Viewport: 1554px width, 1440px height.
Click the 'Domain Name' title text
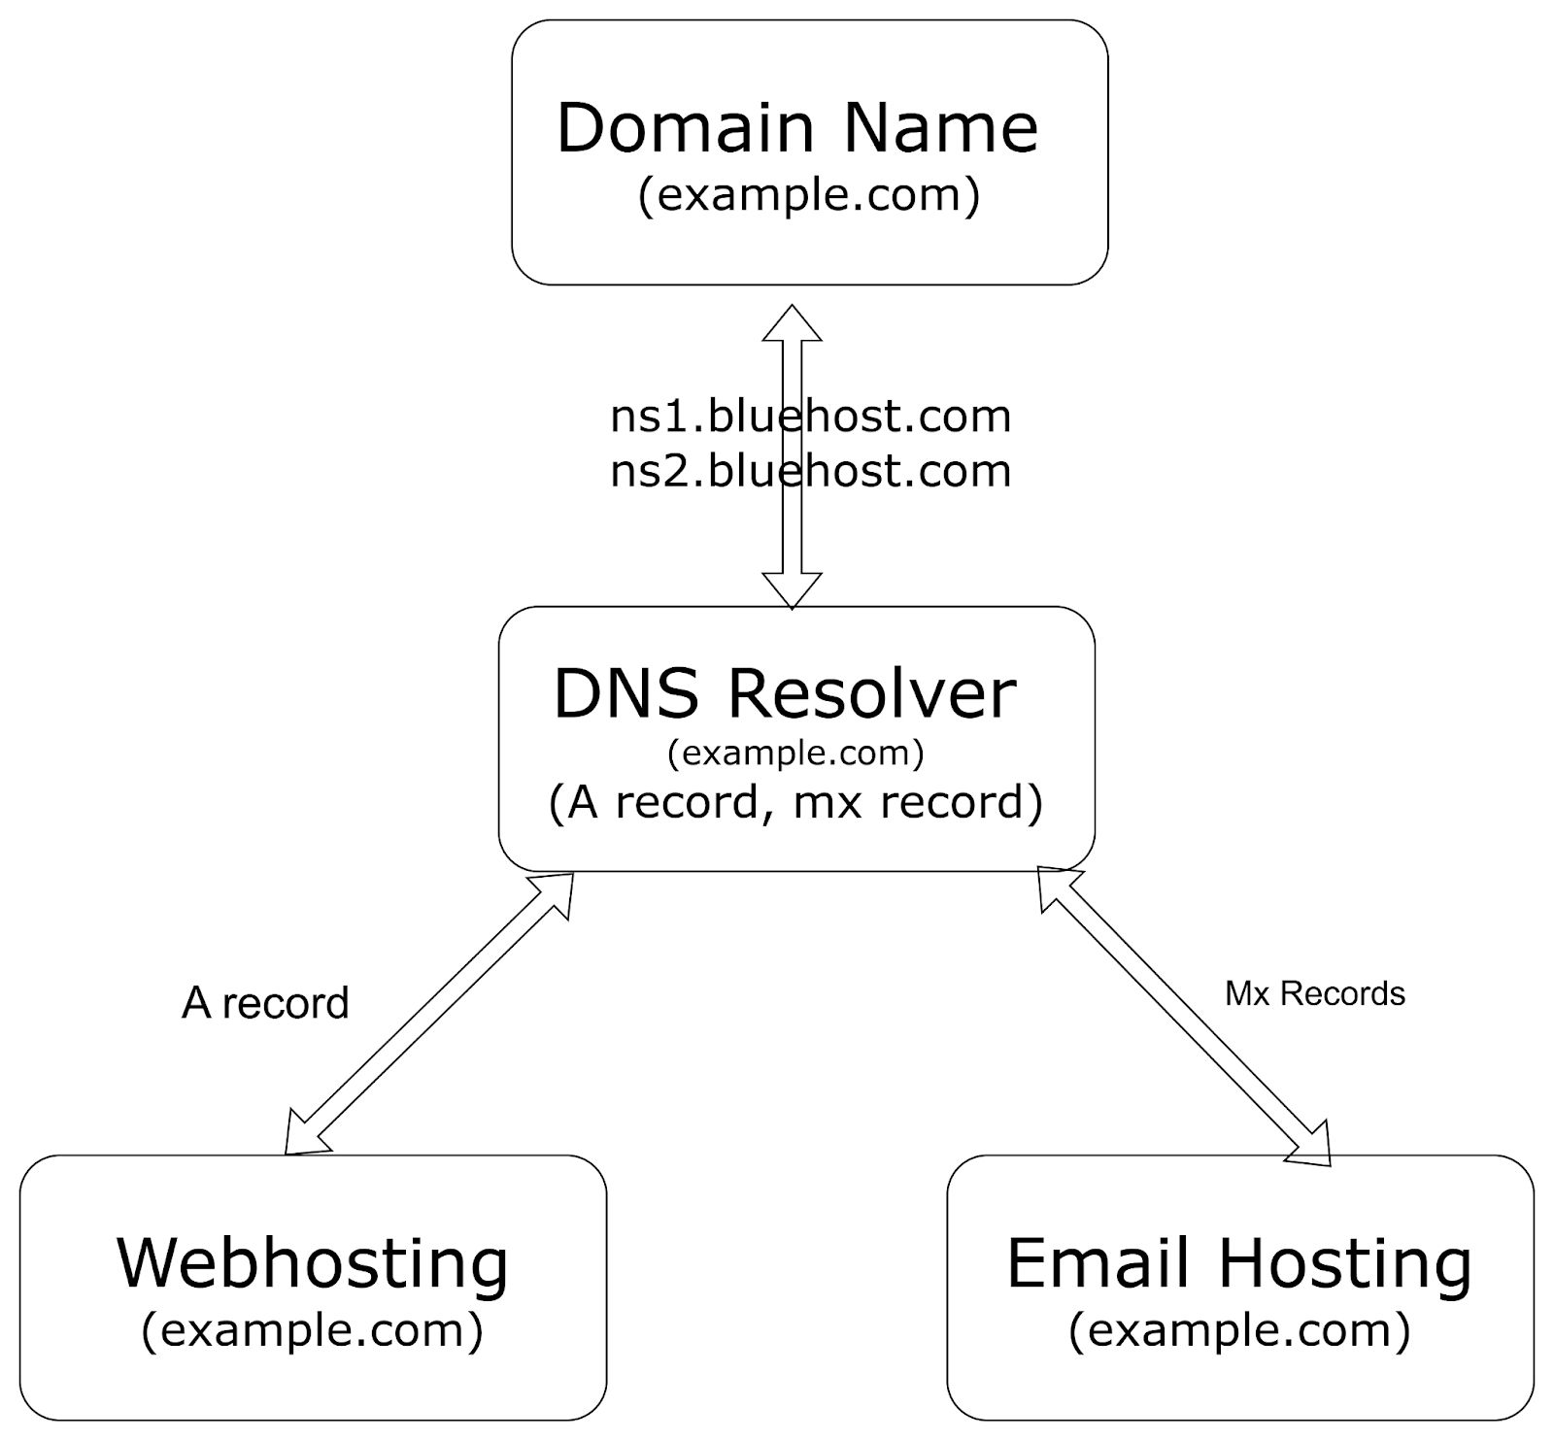click(x=796, y=127)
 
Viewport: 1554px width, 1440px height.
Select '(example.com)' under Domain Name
click(x=808, y=194)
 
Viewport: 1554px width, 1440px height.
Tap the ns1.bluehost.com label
click(x=810, y=417)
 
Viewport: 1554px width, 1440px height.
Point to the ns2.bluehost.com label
click(x=810, y=471)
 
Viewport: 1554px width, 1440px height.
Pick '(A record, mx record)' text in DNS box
click(x=795, y=802)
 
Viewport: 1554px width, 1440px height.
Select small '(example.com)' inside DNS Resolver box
click(x=795, y=753)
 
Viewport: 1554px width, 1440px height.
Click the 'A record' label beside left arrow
click(x=265, y=1003)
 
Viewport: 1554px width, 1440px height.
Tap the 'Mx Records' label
click(x=1314, y=993)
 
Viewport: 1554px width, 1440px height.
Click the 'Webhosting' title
click(x=313, y=1262)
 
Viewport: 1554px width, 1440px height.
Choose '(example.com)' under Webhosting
click(x=312, y=1329)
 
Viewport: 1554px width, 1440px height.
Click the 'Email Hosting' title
click(x=1239, y=1262)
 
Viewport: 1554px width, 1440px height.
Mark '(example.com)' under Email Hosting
click(x=1239, y=1329)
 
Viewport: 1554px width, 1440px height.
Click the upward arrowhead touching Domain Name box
click(x=793, y=324)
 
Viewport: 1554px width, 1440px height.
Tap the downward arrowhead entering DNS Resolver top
click(x=793, y=589)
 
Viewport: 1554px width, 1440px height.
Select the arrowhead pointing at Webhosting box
click(x=300, y=1137)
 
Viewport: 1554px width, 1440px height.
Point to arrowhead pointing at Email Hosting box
click(x=1314, y=1146)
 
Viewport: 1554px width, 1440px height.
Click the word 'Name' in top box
click(x=940, y=127)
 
